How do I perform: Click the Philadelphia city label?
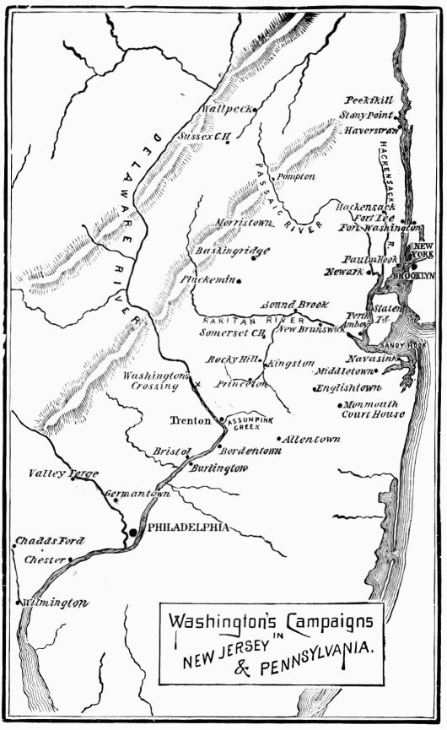pos(188,527)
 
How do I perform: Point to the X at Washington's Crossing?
pos(197,385)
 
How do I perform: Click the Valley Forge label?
pos(63,473)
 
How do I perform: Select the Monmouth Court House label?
pos(373,409)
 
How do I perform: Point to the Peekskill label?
pos(369,100)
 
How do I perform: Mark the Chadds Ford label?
pos(45,541)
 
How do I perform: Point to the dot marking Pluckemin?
pos(240,281)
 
